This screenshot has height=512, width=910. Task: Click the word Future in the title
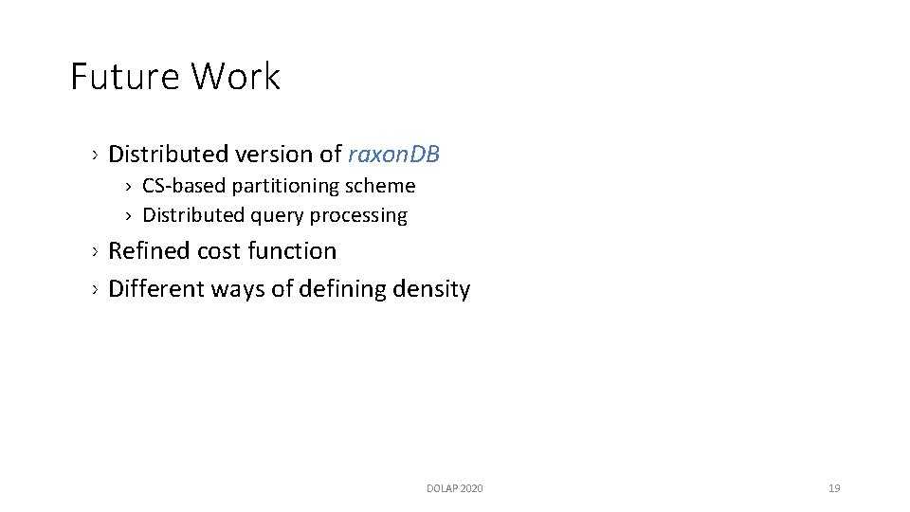[125, 77]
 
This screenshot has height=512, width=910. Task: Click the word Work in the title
[236, 77]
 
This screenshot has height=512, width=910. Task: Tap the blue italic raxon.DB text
[394, 154]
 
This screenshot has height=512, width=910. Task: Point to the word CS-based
[184, 186]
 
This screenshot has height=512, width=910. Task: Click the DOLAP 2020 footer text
[454, 488]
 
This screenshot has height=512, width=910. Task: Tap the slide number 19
[834, 488]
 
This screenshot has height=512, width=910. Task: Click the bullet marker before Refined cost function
[96, 252]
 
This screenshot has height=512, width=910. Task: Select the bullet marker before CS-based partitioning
[130, 187]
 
